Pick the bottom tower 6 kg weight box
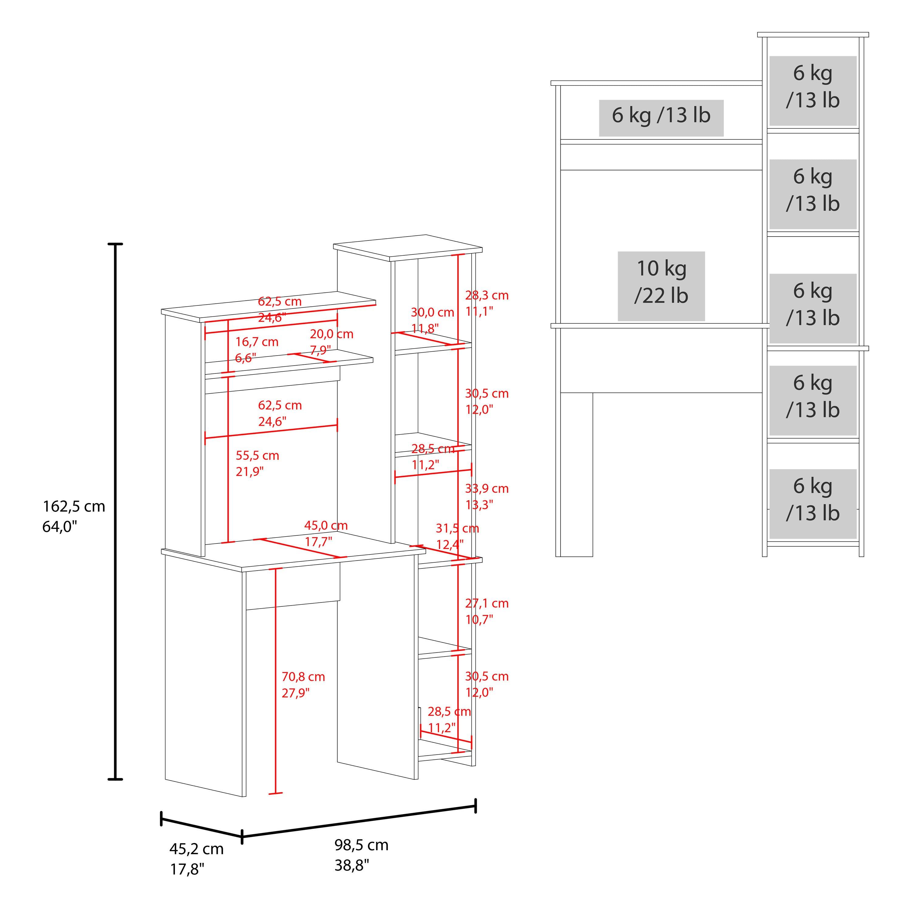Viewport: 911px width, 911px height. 813,503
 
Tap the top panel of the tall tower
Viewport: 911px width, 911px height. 408,247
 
